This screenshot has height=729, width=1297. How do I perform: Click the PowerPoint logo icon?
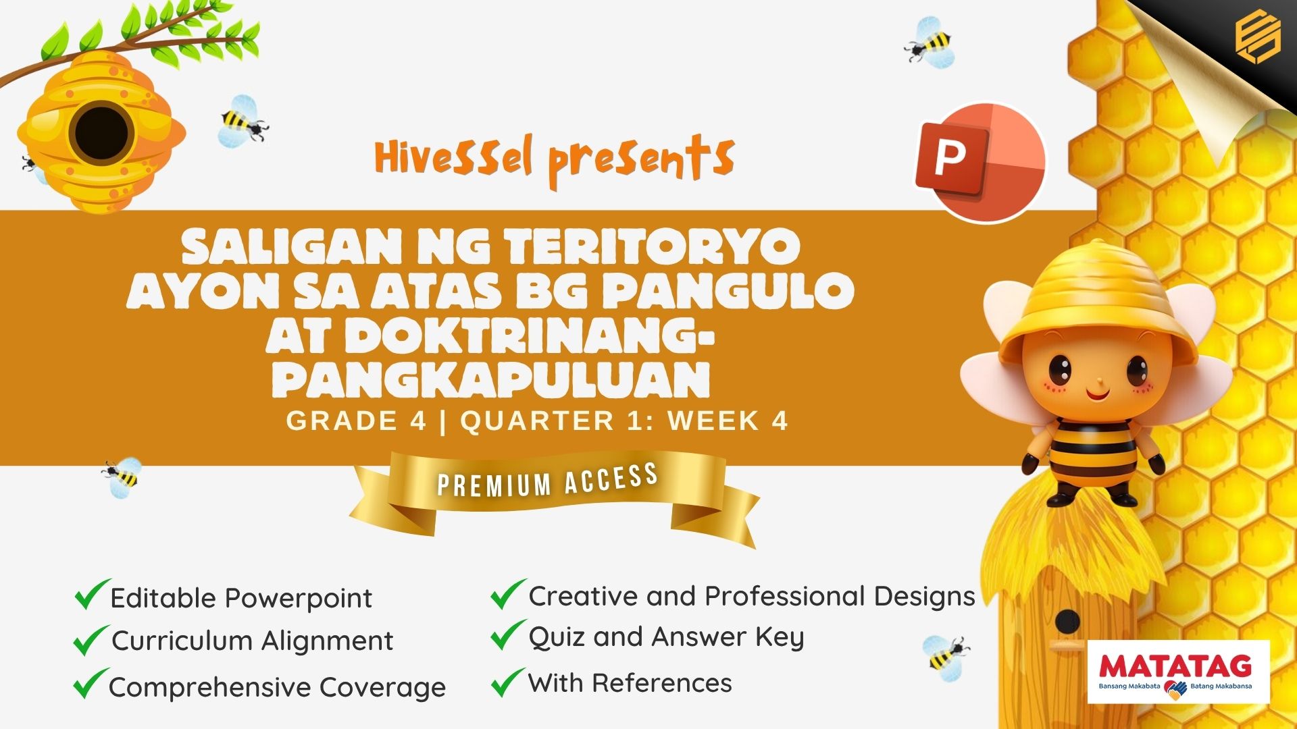tap(980, 163)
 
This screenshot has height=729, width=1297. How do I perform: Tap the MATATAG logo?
tap(1178, 672)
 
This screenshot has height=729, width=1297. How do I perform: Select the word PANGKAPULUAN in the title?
tap(492, 380)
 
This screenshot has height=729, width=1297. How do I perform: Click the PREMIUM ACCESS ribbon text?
tap(548, 480)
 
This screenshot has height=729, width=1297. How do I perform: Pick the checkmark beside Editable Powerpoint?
tap(92, 594)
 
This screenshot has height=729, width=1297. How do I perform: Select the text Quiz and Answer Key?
tap(666, 638)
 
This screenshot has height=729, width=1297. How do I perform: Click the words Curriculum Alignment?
tap(253, 641)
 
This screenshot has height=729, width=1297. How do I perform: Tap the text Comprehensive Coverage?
tap(277, 688)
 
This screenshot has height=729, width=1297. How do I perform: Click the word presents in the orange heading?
tap(640, 160)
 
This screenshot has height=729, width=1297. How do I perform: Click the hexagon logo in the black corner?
tap(1257, 38)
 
